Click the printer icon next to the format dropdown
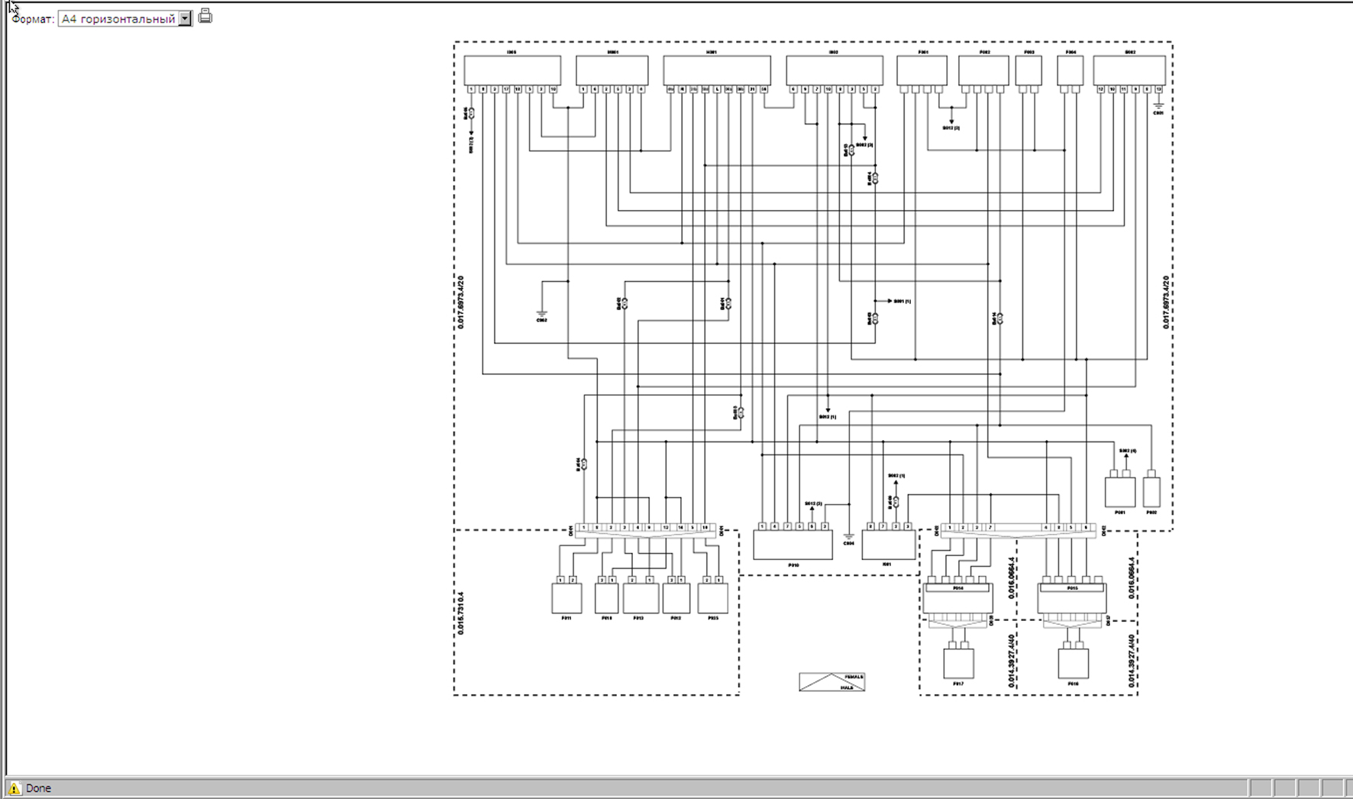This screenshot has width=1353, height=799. coord(205,16)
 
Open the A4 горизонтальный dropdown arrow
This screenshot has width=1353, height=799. coord(186,19)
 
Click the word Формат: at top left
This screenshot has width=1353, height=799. coord(33,19)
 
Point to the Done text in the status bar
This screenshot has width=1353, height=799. coord(38,788)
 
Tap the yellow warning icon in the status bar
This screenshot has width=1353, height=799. coord(15,788)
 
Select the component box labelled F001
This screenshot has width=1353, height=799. coord(922,70)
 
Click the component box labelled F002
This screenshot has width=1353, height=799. coord(983,70)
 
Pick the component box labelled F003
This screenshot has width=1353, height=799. coord(1028,70)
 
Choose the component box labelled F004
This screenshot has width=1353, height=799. coord(1070,70)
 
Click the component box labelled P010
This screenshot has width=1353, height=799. coord(793,545)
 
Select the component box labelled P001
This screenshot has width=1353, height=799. coord(1119,492)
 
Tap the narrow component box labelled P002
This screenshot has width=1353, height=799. coord(1151,492)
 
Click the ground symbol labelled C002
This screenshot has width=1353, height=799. coord(541,312)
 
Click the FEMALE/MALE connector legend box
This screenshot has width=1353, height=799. coord(831,682)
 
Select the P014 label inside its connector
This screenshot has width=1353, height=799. coord(958,588)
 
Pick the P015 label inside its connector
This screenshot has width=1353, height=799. coord(1072,588)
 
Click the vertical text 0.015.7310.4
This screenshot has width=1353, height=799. coord(460,613)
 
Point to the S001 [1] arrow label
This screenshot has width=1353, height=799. coord(901,301)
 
